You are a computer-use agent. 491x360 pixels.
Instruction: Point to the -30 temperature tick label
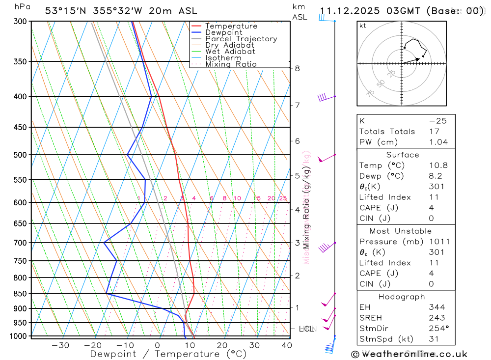(x=60, y=345)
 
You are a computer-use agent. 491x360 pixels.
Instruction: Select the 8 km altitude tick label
(x=297, y=68)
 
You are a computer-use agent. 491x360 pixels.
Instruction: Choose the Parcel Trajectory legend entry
(x=241, y=39)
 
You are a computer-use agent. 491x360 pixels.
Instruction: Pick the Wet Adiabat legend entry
(x=230, y=52)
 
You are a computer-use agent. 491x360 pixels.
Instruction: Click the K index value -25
(x=437, y=121)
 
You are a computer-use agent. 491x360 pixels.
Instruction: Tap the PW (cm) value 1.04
(x=438, y=142)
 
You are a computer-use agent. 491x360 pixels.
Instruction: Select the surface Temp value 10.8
(x=438, y=166)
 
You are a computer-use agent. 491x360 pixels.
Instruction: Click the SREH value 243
(x=436, y=318)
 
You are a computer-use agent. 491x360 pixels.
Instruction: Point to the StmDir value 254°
(x=436, y=328)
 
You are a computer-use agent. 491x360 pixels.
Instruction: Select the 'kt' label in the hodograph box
(x=363, y=26)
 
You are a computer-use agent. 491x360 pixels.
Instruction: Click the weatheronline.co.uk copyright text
(x=409, y=354)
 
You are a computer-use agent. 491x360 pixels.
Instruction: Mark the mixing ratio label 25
(x=283, y=198)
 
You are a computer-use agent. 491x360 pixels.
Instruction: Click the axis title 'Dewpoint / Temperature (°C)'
(x=168, y=354)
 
